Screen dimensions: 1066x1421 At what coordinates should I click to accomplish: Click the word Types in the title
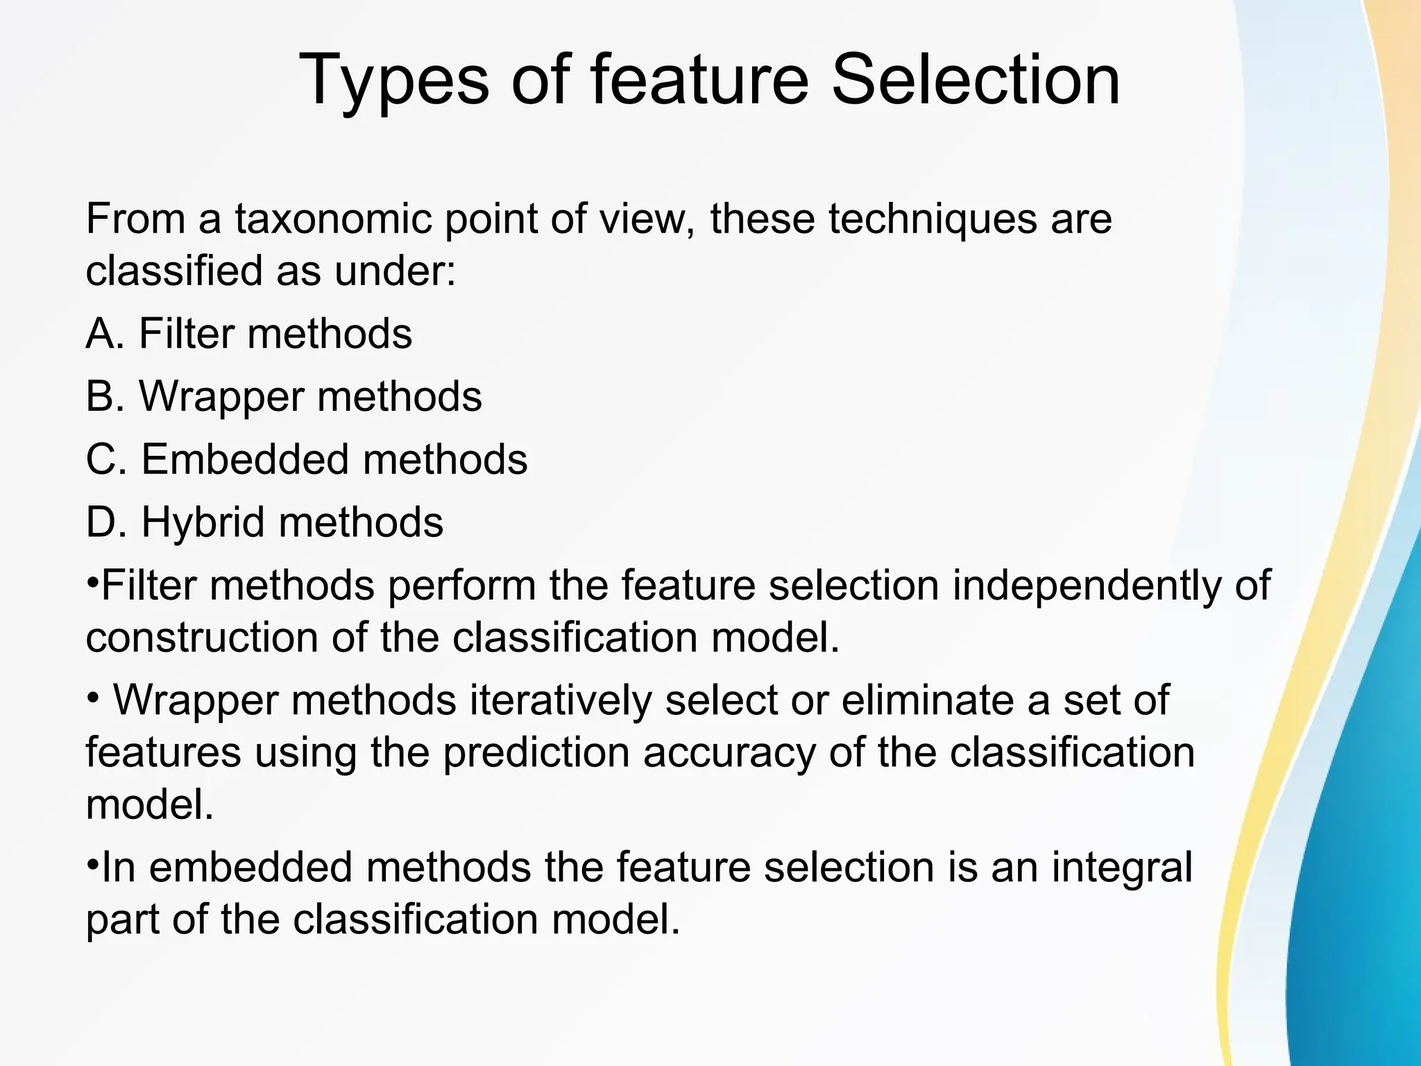393,82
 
